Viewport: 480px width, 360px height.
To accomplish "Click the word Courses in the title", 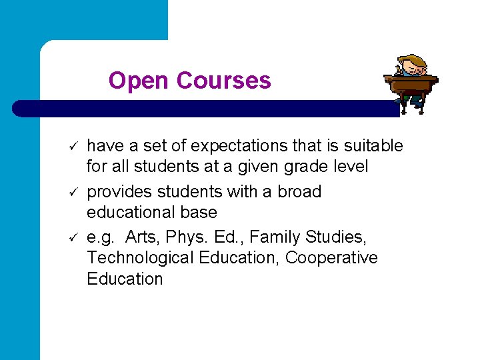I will click(x=223, y=81).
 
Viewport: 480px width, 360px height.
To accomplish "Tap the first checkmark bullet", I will click(x=75, y=146).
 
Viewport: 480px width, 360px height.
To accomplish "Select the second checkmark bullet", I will click(x=75, y=193).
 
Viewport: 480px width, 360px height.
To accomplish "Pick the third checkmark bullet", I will click(x=75, y=238).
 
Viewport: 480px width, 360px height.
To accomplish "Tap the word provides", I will click(x=118, y=192).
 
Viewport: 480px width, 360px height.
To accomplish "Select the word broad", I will click(x=299, y=192).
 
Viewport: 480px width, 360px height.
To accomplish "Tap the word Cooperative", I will click(x=331, y=257).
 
